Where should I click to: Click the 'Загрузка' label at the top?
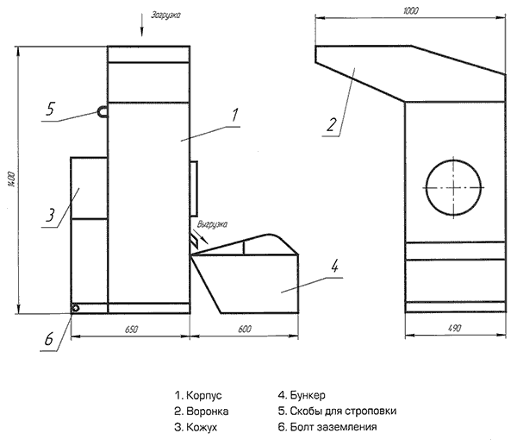point(165,16)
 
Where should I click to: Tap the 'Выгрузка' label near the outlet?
point(212,224)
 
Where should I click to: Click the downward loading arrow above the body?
point(142,25)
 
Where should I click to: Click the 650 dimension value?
point(131,330)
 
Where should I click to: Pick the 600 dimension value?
point(245,329)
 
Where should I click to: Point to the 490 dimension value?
point(455,329)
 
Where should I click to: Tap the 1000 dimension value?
point(410,11)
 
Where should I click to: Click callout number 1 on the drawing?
point(234,116)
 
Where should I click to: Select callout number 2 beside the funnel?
point(332,125)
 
